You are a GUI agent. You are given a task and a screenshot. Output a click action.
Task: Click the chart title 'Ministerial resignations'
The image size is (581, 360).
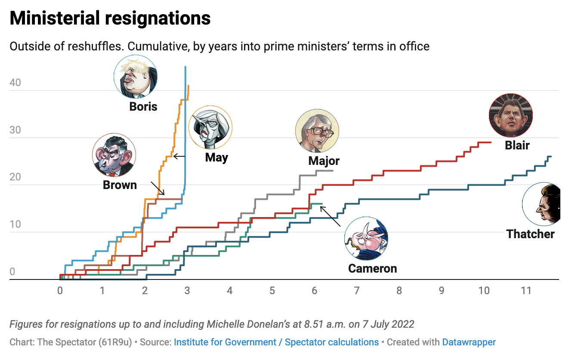click(110, 18)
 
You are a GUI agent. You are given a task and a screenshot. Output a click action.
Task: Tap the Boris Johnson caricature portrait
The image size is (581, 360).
click(136, 77)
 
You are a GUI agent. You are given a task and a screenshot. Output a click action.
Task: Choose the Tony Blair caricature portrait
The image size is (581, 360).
click(511, 115)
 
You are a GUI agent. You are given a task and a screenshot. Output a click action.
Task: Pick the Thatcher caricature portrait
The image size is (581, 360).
click(543, 204)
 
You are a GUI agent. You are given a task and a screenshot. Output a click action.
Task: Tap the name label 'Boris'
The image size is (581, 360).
click(143, 106)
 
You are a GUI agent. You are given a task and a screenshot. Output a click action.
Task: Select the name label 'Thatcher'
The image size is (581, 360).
click(530, 234)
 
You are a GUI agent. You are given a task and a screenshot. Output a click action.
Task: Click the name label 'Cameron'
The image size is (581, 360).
click(372, 268)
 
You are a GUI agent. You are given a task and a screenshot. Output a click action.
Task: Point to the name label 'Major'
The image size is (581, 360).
click(324, 161)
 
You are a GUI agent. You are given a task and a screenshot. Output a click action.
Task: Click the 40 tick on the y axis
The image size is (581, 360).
click(15, 83)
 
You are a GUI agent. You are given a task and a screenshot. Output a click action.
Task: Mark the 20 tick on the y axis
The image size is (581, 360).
click(15, 177)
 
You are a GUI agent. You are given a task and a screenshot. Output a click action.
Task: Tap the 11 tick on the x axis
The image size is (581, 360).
click(526, 291)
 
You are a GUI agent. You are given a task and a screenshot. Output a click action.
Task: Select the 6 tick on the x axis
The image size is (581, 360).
click(314, 291)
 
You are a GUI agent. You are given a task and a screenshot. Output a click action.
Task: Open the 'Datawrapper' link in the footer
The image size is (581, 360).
click(469, 342)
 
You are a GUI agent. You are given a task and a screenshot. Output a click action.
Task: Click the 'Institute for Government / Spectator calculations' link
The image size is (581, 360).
click(276, 342)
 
